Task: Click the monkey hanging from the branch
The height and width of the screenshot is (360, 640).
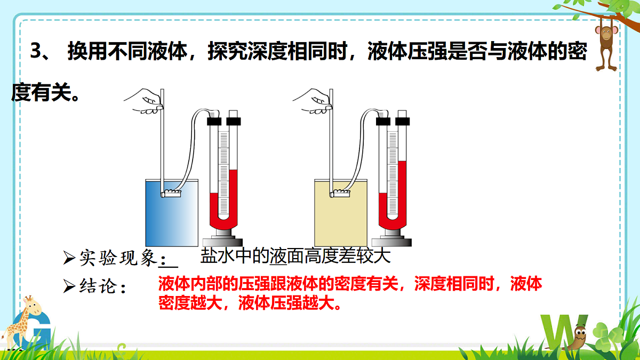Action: [606, 43]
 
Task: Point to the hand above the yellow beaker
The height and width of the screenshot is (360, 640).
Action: [314, 101]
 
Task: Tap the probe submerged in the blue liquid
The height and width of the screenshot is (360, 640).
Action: [171, 193]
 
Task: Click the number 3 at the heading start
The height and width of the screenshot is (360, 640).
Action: [36, 52]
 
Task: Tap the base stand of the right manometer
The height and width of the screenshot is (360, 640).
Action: [392, 238]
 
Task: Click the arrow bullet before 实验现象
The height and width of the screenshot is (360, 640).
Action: [69, 259]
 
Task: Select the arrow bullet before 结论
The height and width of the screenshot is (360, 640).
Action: [69, 286]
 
